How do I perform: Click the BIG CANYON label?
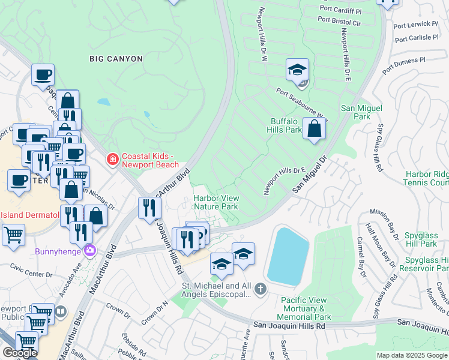[x=116, y=59]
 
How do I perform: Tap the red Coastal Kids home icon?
[x=112, y=159]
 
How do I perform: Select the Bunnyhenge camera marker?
[x=90, y=250]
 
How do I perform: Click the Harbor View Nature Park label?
[x=215, y=202]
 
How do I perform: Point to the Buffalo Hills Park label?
[x=285, y=125]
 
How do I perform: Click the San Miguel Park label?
[x=355, y=112]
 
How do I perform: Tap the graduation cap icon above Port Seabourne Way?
[x=297, y=71]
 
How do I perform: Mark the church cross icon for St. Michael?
[x=260, y=290]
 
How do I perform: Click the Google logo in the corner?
[x=20, y=353]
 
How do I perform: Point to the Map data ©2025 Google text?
[x=411, y=355]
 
